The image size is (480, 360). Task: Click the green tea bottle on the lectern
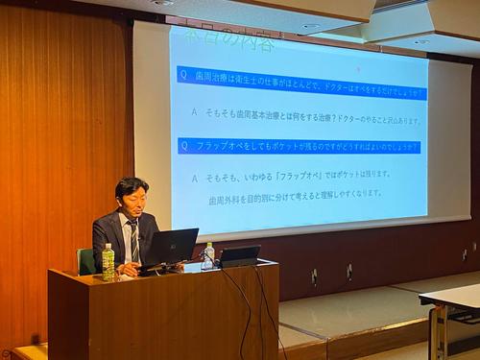click(108, 261)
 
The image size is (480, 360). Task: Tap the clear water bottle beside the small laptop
click(209, 254)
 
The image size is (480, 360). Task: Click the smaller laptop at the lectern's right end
click(240, 255)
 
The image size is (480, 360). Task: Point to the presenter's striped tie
click(134, 241)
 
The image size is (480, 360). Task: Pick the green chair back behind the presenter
click(86, 260)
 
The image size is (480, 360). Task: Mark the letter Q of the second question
click(184, 146)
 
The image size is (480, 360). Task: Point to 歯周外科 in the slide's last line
click(224, 193)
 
